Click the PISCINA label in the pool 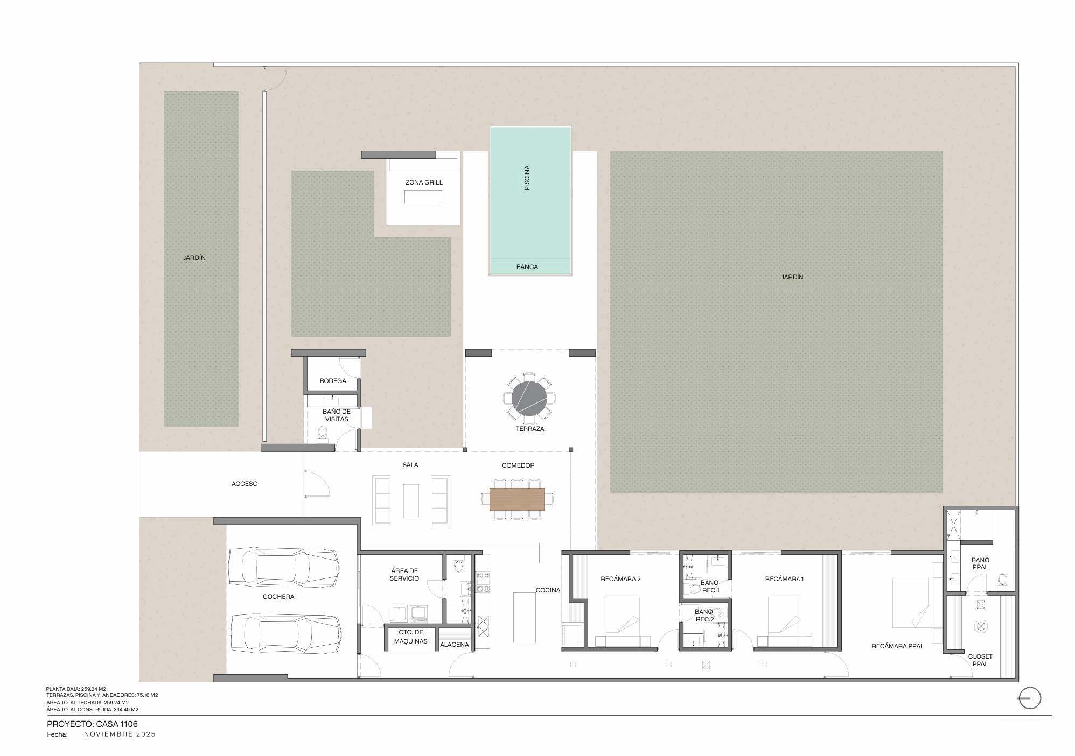point(527,178)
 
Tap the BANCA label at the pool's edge point(527,267)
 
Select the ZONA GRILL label point(424,182)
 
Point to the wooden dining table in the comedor point(517,499)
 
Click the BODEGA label point(333,381)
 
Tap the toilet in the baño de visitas point(323,433)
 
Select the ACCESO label point(245,484)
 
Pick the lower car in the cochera point(286,635)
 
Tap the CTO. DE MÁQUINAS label point(410,637)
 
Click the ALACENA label point(455,645)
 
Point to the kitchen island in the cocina point(524,617)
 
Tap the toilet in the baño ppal point(1002,582)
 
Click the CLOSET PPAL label point(980,660)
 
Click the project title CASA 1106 point(92,724)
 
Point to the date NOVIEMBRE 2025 point(120,734)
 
